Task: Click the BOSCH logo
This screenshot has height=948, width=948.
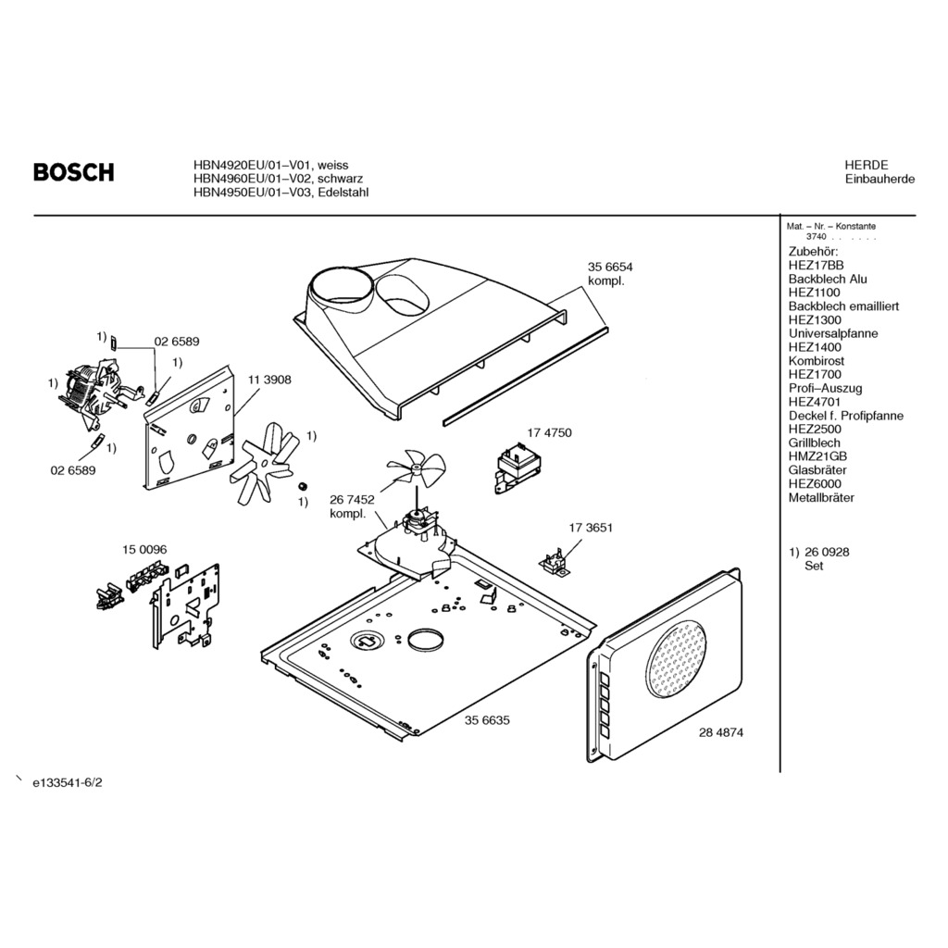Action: tap(74, 172)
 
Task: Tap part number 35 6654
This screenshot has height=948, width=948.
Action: tap(609, 267)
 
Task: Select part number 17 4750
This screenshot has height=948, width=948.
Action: tap(549, 432)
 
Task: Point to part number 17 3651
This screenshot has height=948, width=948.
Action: tap(590, 528)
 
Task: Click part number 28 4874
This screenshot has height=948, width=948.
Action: tap(721, 731)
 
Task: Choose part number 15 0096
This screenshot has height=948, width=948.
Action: tap(144, 550)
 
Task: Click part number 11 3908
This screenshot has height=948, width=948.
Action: tap(269, 380)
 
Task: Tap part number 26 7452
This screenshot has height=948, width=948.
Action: tap(352, 499)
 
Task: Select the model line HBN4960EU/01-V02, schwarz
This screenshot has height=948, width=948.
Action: tap(278, 179)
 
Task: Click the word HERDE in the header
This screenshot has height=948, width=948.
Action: tap(866, 165)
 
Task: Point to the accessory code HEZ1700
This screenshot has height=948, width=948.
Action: tap(815, 374)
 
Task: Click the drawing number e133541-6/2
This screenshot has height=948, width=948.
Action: tap(67, 782)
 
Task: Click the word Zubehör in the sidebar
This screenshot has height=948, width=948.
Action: tap(813, 252)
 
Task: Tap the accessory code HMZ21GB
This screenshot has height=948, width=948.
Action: tap(817, 456)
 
